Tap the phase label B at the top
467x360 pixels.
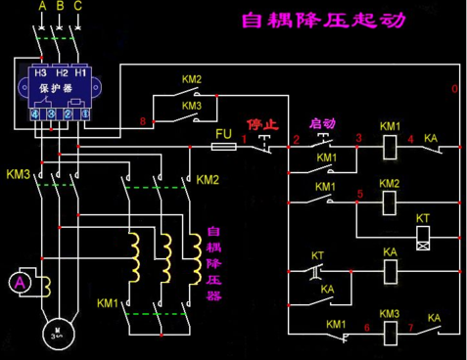pos(60,7)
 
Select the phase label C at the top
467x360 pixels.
pos(78,7)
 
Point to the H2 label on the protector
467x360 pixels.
pos(61,73)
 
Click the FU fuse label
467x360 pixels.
pos(223,130)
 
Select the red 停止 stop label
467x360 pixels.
pos(261,125)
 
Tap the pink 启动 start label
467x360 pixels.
pos(322,124)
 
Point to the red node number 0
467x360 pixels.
pos(453,89)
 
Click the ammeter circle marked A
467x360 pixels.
pos(17,282)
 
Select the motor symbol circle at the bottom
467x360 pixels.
pos(57,332)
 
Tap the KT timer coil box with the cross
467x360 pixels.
pos(423,237)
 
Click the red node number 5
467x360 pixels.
pos(360,194)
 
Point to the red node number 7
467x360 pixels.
pos(411,326)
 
